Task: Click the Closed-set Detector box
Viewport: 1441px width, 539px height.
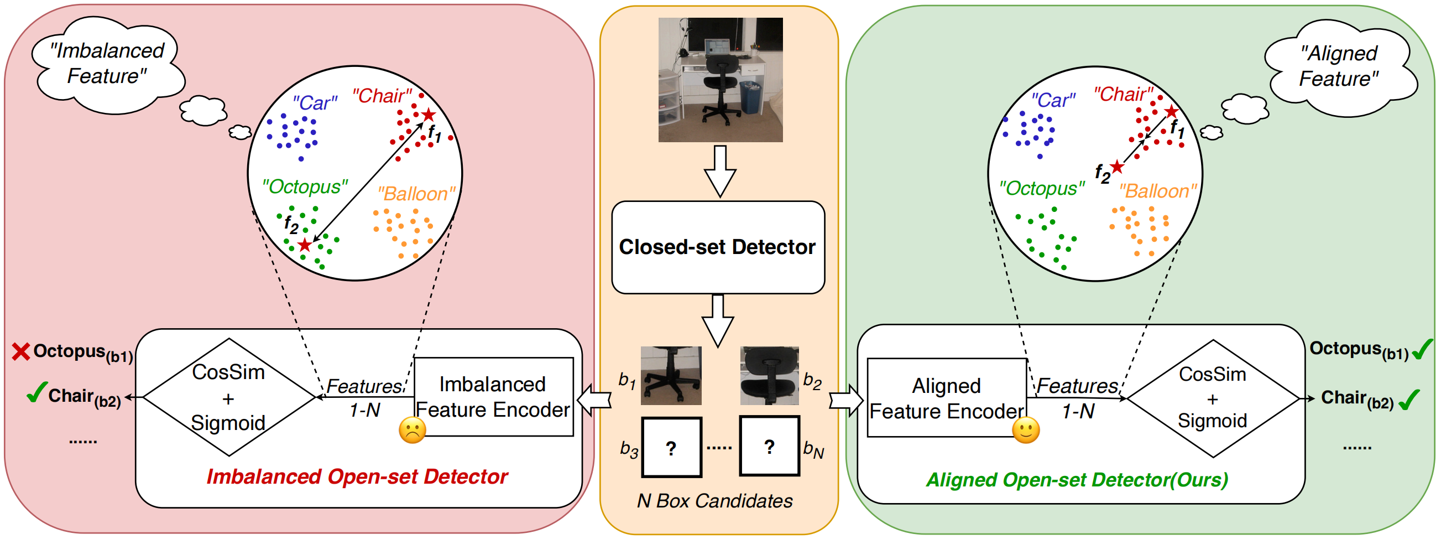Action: [x=718, y=247]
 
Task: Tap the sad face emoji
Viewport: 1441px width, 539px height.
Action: [x=413, y=430]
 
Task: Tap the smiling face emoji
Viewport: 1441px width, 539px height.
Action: [x=1025, y=430]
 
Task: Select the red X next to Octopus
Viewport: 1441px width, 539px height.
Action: [x=20, y=351]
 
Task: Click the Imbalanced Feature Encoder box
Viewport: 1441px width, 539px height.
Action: [x=493, y=396]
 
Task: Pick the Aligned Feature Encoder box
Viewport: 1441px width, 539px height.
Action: [x=947, y=398]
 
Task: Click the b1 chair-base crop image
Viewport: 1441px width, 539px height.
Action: [x=670, y=375]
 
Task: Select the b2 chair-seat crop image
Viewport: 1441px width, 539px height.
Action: [x=769, y=375]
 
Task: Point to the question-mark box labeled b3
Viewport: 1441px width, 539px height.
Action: [x=671, y=447]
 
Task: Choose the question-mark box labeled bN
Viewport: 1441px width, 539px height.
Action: [x=769, y=446]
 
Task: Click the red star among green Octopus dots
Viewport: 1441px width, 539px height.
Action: [x=304, y=245]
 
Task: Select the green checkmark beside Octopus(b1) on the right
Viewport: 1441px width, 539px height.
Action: [x=1422, y=350]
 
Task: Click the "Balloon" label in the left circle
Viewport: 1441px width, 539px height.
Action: [x=416, y=194]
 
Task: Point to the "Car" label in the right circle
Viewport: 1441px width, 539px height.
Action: [x=1052, y=101]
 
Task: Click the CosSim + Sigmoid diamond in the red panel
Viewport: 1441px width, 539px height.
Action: [x=228, y=397]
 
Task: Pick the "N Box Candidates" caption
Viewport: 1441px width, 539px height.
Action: [x=714, y=500]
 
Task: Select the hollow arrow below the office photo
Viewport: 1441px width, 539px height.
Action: [x=720, y=170]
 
